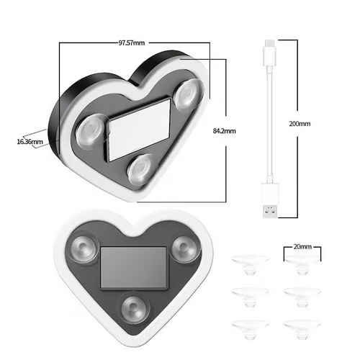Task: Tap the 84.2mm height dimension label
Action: [x=225, y=131]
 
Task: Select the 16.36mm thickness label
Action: [x=29, y=142]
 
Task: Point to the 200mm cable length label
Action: [x=299, y=124]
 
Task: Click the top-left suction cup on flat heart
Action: [x=84, y=249]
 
